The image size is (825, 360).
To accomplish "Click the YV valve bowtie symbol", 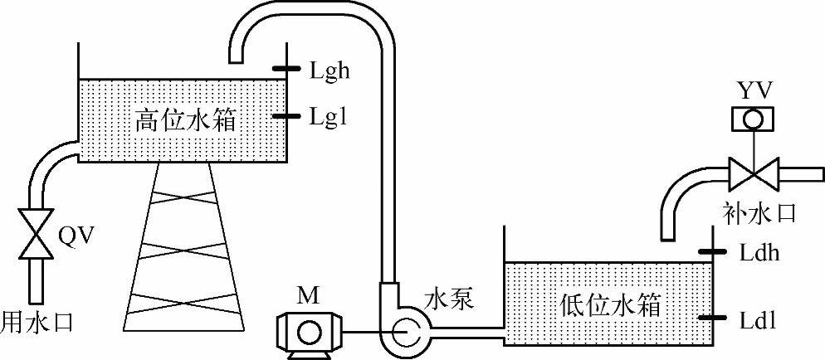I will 752,175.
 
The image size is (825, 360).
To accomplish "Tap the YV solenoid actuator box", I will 752,119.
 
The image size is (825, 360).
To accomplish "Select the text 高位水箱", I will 185,123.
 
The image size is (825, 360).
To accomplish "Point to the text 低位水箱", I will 609,306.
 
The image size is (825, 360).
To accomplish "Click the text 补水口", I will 759,213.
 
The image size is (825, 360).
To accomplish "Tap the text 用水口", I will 37,319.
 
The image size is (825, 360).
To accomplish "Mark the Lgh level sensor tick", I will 286,69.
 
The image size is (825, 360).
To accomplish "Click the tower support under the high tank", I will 184,249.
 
